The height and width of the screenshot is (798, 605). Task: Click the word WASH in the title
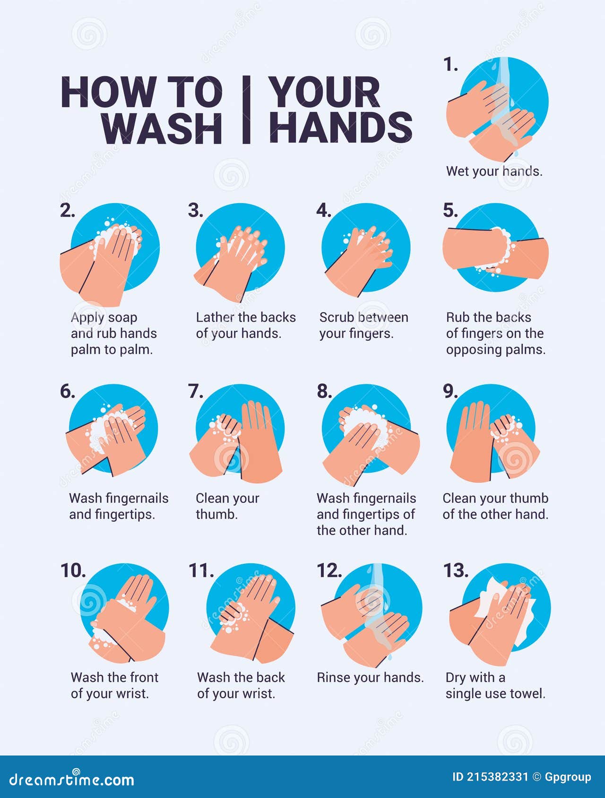pos(162,127)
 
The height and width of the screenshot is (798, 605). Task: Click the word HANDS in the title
pos(341,127)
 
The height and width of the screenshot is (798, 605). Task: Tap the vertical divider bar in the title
pos(246,110)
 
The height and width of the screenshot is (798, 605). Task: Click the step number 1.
pos(450,65)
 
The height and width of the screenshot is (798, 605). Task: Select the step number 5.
pos(450,210)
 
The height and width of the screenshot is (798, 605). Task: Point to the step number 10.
pos(73,571)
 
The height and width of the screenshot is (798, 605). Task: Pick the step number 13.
pos(456,571)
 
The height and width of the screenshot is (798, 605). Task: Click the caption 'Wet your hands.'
pos(494,171)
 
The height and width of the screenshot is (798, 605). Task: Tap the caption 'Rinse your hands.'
pos(370,678)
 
